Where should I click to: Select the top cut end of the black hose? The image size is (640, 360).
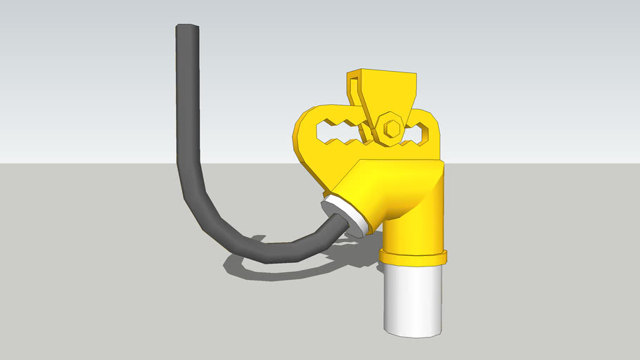click(x=188, y=28)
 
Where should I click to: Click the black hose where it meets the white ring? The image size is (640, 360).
click(x=336, y=225)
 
